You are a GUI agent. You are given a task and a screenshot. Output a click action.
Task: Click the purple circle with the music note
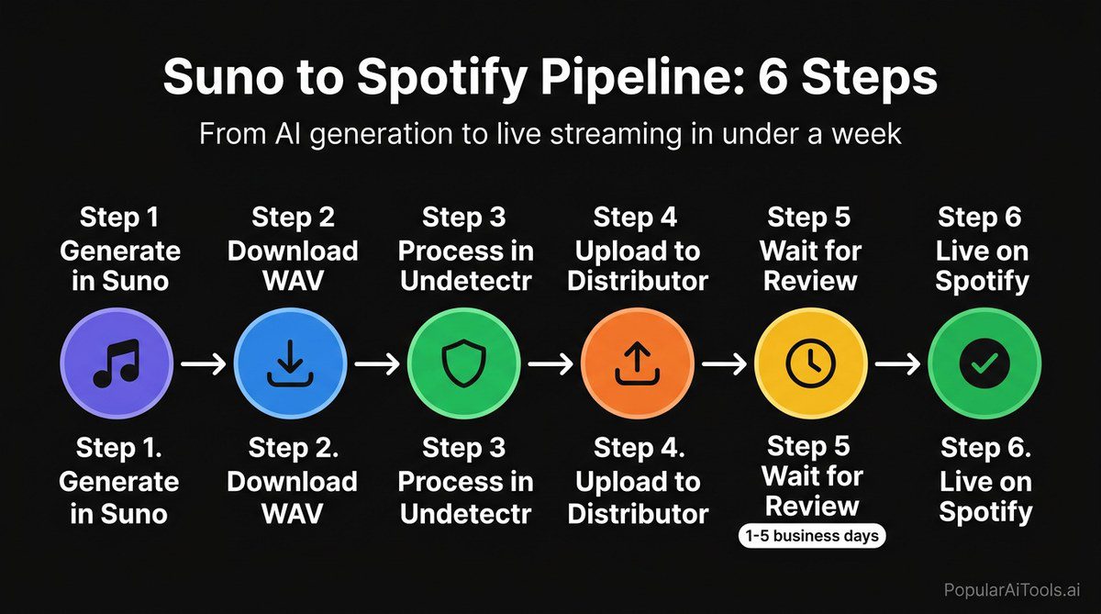point(116,364)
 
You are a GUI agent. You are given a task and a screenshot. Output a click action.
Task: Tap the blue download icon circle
point(290,364)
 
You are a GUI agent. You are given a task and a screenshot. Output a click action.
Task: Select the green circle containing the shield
point(463,364)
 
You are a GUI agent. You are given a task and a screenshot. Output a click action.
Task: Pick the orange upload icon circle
point(637,364)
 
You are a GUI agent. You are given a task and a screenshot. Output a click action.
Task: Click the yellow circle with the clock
point(810,364)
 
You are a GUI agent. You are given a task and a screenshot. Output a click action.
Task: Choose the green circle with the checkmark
point(984,364)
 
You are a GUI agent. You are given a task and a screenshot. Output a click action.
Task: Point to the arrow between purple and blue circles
point(203,364)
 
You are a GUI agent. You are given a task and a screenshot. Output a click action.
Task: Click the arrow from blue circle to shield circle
point(376,364)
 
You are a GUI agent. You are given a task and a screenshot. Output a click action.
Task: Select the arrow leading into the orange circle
point(550,364)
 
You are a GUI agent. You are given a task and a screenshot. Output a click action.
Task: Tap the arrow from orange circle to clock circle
point(724,364)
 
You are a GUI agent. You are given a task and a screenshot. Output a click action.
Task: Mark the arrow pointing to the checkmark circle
point(897,364)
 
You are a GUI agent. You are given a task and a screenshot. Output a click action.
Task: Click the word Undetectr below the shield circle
point(464,512)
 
